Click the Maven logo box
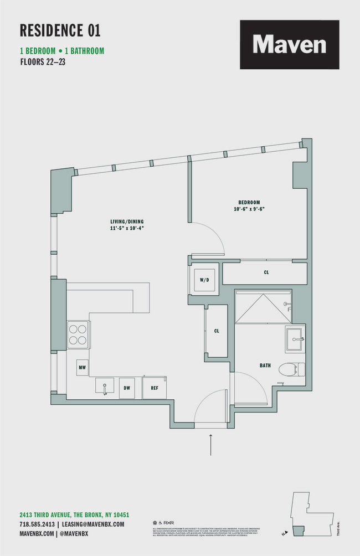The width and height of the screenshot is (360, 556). pyautogui.click(x=289, y=44)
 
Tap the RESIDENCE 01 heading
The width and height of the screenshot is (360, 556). pyautogui.click(x=60, y=30)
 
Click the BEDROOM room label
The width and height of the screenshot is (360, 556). pyautogui.click(x=249, y=203)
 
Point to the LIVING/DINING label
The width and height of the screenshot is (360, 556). pyautogui.click(x=127, y=222)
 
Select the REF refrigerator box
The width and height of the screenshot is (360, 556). pyautogui.click(x=155, y=387)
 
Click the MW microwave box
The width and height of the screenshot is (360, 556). pyautogui.click(x=82, y=367)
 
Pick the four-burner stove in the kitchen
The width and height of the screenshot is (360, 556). pyautogui.click(x=78, y=335)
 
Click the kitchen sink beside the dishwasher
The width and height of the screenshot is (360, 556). pyautogui.click(x=104, y=385)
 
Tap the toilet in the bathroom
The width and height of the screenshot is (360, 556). pyautogui.click(x=290, y=369)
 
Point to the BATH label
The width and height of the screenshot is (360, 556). pyautogui.click(x=265, y=365)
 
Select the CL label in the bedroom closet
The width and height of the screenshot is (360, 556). pyautogui.click(x=266, y=272)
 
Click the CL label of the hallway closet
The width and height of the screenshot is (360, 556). pyautogui.click(x=217, y=331)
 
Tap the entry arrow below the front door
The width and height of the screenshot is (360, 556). pyautogui.click(x=211, y=445)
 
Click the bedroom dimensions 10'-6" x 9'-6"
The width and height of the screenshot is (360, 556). pyautogui.click(x=249, y=209)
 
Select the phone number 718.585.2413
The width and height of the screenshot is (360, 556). pyautogui.click(x=37, y=524)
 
